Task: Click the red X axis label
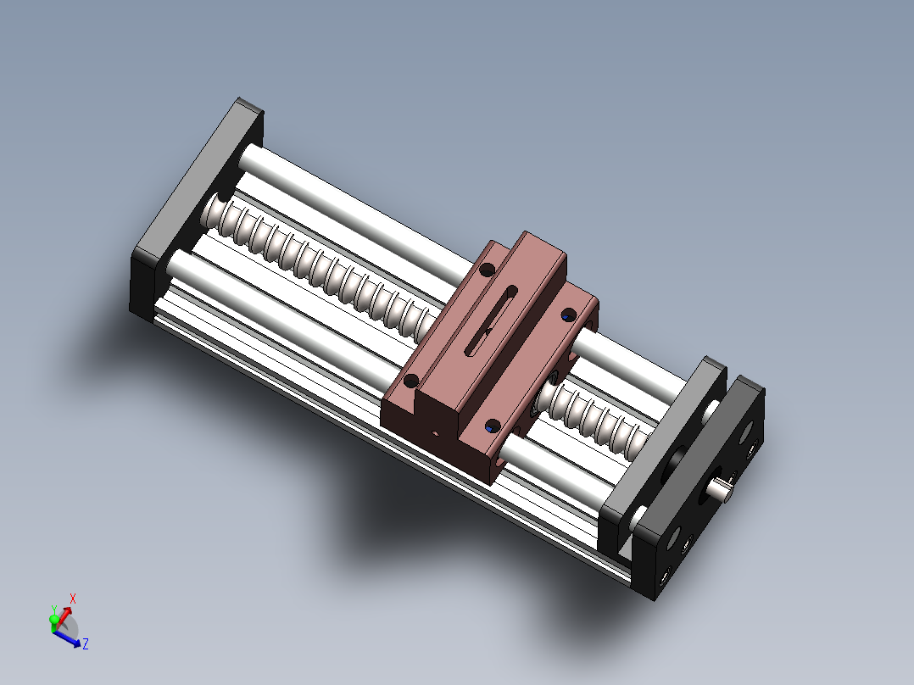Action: (73, 599)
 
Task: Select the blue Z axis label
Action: (86, 644)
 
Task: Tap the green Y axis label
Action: (54, 610)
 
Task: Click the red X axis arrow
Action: (65, 610)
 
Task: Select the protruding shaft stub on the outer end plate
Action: (722, 489)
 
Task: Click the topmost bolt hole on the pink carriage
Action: (487, 270)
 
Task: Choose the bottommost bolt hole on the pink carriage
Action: (492, 426)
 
